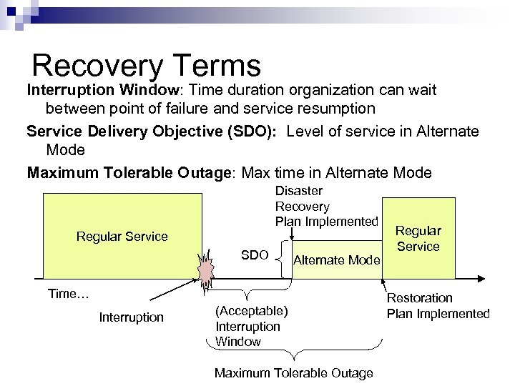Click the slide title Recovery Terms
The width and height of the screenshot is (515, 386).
(x=147, y=66)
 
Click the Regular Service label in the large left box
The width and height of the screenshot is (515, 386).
(x=122, y=237)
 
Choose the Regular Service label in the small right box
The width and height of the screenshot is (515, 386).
(x=418, y=239)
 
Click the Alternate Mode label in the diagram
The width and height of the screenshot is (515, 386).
(x=337, y=260)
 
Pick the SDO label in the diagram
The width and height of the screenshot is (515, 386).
(x=255, y=255)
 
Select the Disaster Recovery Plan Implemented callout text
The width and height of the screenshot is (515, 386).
(x=326, y=207)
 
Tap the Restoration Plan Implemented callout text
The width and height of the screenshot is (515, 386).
(x=438, y=305)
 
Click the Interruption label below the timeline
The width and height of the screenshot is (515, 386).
(x=132, y=317)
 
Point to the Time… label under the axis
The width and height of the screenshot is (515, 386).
(x=68, y=293)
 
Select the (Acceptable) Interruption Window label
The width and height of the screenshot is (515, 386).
(x=252, y=326)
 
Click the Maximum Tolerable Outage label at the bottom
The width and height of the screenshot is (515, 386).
(x=293, y=372)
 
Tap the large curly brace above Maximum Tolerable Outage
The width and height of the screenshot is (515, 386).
(x=295, y=355)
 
